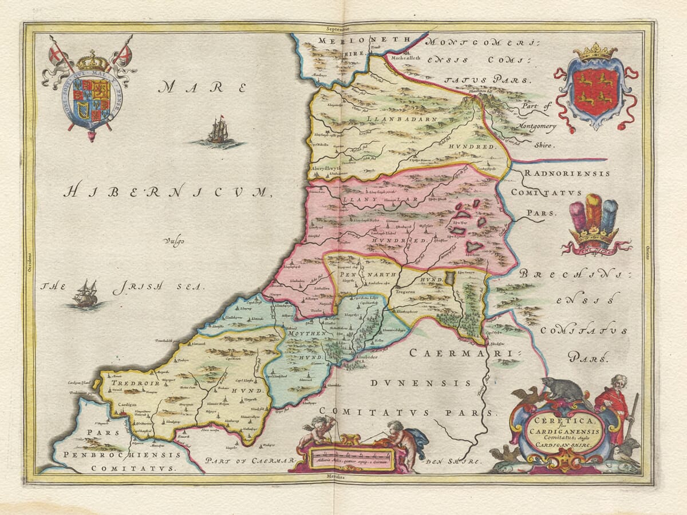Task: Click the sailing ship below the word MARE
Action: (x=218, y=132)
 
